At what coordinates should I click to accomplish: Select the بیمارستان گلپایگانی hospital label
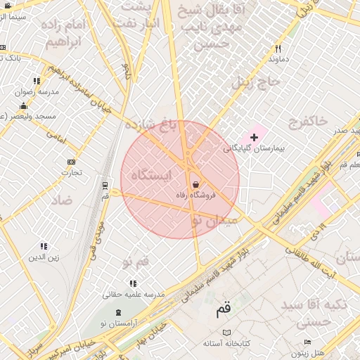[253, 148]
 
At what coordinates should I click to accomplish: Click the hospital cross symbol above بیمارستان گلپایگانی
[254, 136]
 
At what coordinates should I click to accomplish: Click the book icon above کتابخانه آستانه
[226, 332]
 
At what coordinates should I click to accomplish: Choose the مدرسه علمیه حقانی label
[134, 293]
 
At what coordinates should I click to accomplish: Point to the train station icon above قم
[105, 186]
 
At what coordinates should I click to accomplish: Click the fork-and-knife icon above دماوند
[278, 49]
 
